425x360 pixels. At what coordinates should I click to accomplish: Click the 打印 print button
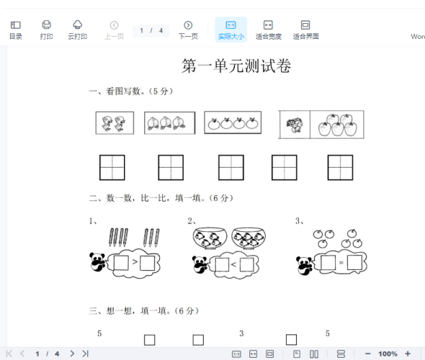pyautogui.click(x=46, y=30)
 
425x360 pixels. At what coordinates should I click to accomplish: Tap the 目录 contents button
pyautogui.click(x=16, y=30)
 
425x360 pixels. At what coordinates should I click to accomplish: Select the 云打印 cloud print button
pyautogui.click(x=78, y=30)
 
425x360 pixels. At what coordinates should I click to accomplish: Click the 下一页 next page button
pyautogui.click(x=188, y=30)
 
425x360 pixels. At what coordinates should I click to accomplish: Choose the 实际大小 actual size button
pyautogui.click(x=231, y=30)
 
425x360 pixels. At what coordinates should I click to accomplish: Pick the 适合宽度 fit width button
pyautogui.click(x=269, y=30)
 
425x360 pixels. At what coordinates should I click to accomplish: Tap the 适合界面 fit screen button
pyautogui.click(x=305, y=30)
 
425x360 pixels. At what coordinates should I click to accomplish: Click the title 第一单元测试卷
pyautogui.click(x=236, y=66)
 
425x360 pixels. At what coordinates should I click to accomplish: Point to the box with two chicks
pyautogui.click(x=115, y=122)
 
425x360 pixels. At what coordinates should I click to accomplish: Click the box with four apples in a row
pyautogui.click(x=233, y=122)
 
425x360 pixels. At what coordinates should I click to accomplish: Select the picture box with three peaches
pyautogui.click(x=170, y=123)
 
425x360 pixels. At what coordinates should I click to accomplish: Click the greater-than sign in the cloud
pyautogui.click(x=135, y=261)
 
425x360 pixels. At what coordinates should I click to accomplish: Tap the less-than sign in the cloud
pyautogui.click(x=234, y=264)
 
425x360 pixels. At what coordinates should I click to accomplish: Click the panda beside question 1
pyautogui.click(x=97, y=262)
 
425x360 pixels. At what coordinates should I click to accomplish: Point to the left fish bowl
pyautogui.click(x=210, y=238)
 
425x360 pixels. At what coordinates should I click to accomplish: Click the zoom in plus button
pyautogui.click(x=408, y=354)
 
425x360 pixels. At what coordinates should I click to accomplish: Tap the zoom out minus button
pyautogui.click(x=368, y=354)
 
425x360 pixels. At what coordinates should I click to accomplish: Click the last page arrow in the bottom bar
pyautogui.click(x=86, y=354)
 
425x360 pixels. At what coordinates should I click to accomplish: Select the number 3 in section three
pyautogui.click(x=241, y=333)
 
